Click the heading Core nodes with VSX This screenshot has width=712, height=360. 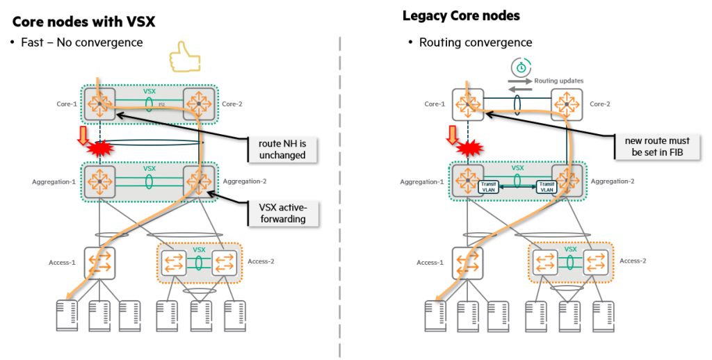point(83,22)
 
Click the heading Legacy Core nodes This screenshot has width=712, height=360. point(461,15)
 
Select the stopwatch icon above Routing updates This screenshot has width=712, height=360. point(520,67)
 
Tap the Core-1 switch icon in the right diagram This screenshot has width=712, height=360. point(467,104)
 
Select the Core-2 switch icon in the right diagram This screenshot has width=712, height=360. point(565,104)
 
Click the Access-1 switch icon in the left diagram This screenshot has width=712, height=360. point(99,263)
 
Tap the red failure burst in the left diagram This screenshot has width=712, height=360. point(99,147)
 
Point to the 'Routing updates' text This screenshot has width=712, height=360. point(559,81)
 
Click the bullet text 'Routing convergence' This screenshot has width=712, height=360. point(476,43)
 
